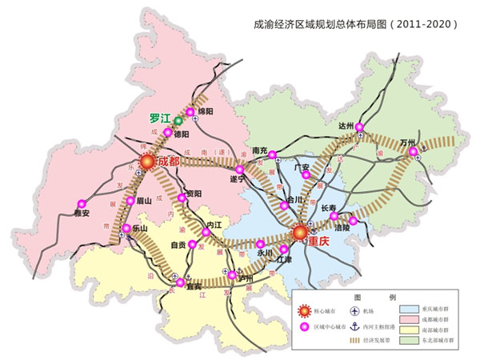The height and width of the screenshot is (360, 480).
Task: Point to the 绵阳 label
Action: point(206,112)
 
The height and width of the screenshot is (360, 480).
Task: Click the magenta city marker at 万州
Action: point(413,151)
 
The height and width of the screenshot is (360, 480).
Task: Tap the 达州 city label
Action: point(346,126)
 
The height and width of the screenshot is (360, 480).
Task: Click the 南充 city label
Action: point(258,150)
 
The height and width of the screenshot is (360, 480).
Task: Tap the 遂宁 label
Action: point(238,179)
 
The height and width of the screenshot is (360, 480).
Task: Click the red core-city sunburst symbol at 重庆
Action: point(300,233)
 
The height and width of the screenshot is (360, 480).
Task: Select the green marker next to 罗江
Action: point(178,121)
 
